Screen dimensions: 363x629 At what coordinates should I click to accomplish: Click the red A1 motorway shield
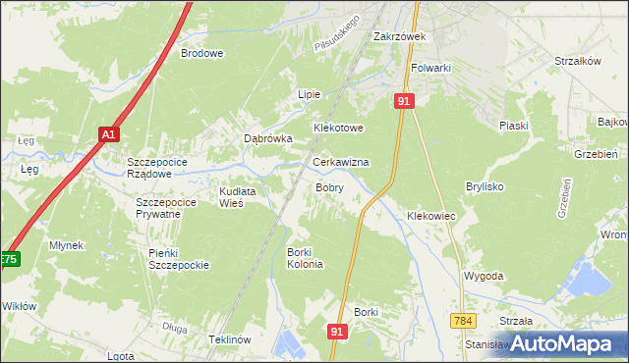[108, 135]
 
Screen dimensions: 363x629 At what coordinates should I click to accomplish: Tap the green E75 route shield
[8, 259]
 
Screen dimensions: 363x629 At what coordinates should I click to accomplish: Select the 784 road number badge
[465, 322]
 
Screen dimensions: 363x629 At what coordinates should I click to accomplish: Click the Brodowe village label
[201, 54]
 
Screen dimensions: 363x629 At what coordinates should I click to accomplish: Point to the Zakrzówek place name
[397, 37]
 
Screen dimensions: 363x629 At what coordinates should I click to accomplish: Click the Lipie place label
[310, 94]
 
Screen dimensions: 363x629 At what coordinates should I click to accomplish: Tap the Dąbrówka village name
[268, 139]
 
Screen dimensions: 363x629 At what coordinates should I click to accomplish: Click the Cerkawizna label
[340, 162]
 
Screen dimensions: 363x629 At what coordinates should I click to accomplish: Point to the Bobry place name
[328, 186]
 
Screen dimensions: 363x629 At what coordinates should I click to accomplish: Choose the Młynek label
[67, 245]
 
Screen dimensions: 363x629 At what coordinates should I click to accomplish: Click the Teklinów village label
[231, 338]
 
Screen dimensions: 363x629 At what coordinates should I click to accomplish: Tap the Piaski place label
[513, 126]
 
